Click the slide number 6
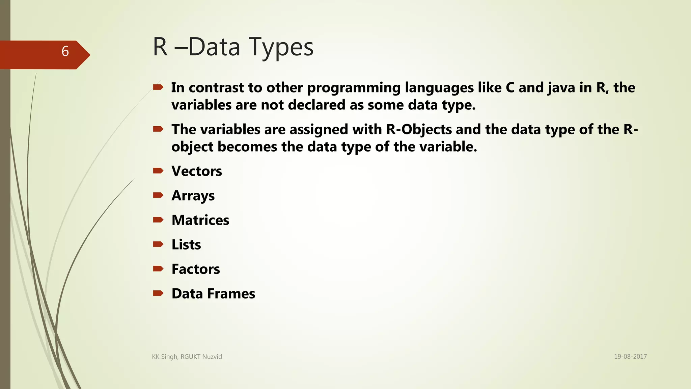click(x=65, y=51)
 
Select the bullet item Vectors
click(x=197, y=171)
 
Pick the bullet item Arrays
click(x=193, y=196)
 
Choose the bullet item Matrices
click(x=200, y=220)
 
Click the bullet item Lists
click(x=186, y=245)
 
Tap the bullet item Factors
click(x=196, y=269)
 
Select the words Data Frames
click(x=213, y=294)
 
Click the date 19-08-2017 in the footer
click(x=630, y=357)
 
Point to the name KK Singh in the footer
click(x=165, y=357)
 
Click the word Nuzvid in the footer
click(x=212, y=357)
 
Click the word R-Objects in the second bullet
click(x=419, y=130)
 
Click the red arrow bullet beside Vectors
click(x=158, y=171)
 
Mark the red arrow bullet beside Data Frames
click(x=158, y=293)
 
